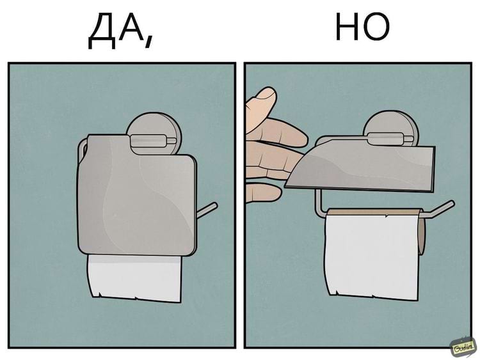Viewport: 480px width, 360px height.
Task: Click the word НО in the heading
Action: (362, 27)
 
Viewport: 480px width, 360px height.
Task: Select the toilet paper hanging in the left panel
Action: (134, 278)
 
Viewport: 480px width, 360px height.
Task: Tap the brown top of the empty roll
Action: (374, 212)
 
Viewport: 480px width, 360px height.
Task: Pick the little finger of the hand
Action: (263, 193)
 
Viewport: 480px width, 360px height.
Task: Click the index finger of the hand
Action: (277, 132)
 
